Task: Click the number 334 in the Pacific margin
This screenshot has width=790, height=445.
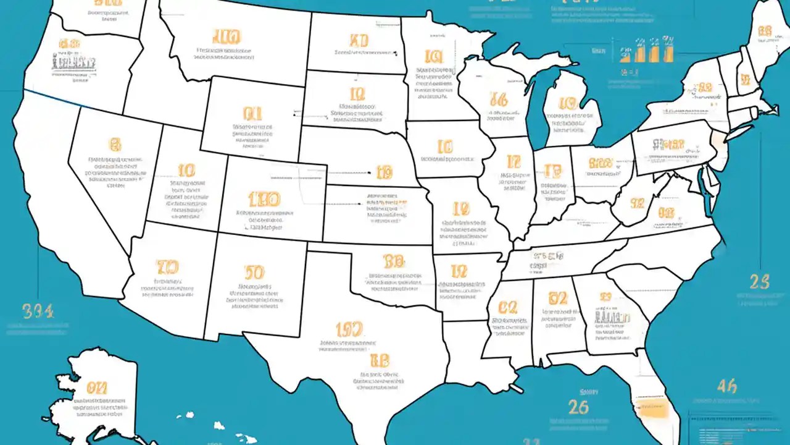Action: pos(38,310)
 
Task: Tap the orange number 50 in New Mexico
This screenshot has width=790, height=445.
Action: pos(254,273)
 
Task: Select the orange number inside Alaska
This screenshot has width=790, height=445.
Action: pos(97,388)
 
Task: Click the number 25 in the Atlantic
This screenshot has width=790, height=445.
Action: pos(759,282)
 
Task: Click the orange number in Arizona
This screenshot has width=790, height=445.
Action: pos(167,267)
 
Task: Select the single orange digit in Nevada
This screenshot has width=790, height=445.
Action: pos(114,145)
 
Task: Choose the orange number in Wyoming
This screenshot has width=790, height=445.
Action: pos(252,113)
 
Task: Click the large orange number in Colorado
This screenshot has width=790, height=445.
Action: pos(264,199)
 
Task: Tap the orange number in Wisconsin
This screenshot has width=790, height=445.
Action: pos(497,99)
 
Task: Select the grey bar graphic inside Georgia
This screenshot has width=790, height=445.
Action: pos(612,316)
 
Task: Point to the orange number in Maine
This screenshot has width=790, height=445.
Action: pos(765,31)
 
